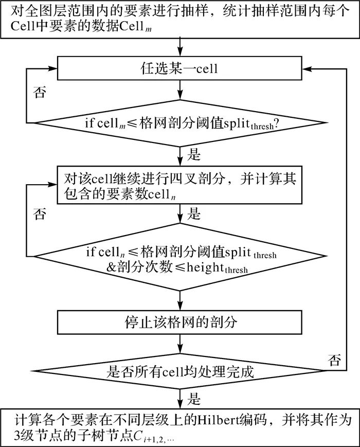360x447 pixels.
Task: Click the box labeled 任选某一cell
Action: point(179,67)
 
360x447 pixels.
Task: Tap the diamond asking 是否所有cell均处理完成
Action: point(179,371)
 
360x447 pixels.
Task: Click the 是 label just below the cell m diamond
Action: point(195,154)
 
